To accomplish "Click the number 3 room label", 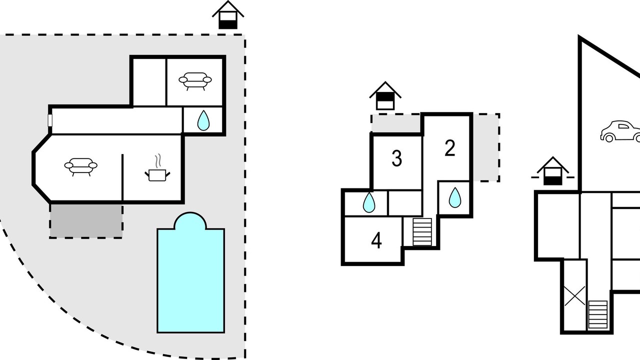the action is (x=397, y=158).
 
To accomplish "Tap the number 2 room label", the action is (x=450, y=148).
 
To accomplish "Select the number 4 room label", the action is (x=376, y=240).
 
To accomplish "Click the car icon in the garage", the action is (x=620, y=131).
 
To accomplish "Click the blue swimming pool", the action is (x=190, y=273).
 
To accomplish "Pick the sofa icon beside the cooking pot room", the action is (x=81, y=167).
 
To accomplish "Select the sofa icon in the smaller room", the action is (x=195, y=81).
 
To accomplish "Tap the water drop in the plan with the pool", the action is (x=203, y=120).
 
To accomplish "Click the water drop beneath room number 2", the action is (x=455, y=197).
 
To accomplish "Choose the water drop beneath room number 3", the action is (x=369, y=202).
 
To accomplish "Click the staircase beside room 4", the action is (x=422, y=231).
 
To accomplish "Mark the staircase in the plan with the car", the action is (x=597, y=314).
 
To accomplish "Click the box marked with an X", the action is (x=575, y=295).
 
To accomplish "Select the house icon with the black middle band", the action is (x=385, y=96).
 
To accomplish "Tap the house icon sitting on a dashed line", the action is (x=553, y=171).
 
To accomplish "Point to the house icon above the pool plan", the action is (x=228, y=15).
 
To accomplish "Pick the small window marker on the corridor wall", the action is (x=50, y=120).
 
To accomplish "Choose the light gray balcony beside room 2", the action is (x=485, y=147).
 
